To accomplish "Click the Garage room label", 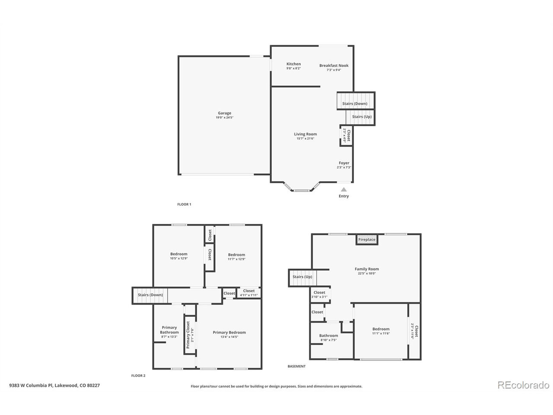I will pos(224,113).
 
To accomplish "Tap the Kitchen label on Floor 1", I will pos(293,64).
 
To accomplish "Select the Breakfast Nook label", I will pos(334,66).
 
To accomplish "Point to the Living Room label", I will pos(305,134).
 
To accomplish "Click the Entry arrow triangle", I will pos(343,189).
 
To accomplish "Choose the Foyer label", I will pos(344,163).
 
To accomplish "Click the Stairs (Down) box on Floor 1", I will pos(355,103).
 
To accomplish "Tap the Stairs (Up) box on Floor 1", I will pos(361,117).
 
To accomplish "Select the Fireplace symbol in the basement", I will pos(367,239).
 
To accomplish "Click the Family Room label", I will pos(368,269).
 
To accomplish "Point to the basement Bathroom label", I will pos(328,335).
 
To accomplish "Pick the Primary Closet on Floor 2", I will pos(189,335).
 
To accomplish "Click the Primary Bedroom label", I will pos(229,332).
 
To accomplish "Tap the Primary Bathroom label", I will pos(169,330).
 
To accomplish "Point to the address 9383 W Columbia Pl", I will pos(54,385).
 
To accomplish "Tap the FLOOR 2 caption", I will pos(138,376).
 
